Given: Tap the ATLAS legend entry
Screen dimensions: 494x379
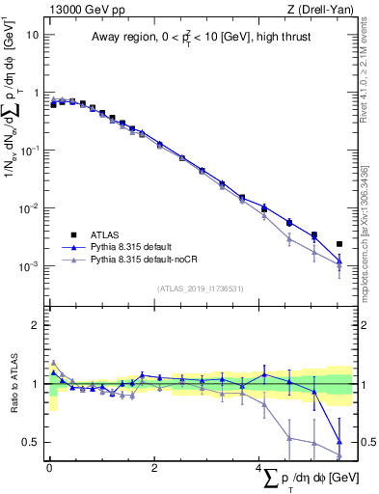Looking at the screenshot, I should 101,234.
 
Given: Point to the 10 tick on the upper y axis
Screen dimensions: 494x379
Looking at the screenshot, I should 33,35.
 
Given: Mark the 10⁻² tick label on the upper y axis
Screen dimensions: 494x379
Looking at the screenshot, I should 30,208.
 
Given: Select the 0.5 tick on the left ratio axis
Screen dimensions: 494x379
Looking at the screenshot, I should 32,442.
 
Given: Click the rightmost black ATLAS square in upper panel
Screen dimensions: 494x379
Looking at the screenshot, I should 338,244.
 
